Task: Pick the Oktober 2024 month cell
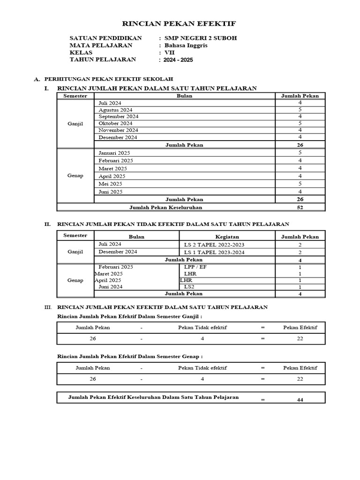pyautogui.click(x=115, y=123)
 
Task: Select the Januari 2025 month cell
pyautogui.click(x=114, y=153)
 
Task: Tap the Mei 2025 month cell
pyautogui.click(x=110, y=184)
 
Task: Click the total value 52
pyautogui.click(x=300, y=207)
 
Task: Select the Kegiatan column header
pyautogui.click(x=227, y=237)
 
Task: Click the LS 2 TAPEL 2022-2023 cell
pyautogui.click(x=214, y=245)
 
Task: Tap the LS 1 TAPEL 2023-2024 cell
pyautogui.click(x=214, y=252)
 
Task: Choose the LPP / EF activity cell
pyautogui.click(x=195, y=266)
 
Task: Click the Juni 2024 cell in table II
pyautogui.click(x=111, y=287)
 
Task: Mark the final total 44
pyautogui.click(x=300, y=399)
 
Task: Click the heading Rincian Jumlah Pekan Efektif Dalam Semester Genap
pyautogui.click(x=129, y=356)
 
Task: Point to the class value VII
pyautogui.click(x=169, y=52)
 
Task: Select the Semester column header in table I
pyautogui.click(x=75, y=96)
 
